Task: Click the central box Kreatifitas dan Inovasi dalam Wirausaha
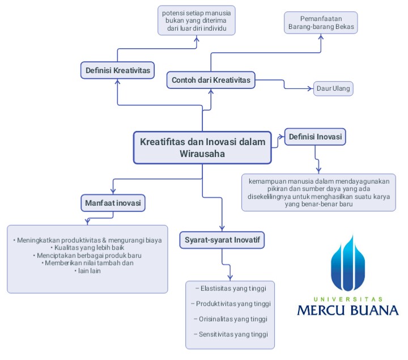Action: click(202, 147)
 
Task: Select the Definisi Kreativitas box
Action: click(117, 70)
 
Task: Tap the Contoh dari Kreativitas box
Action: click(211, 80)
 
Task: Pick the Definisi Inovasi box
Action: click(315, 137)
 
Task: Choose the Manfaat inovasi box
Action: click(113, 203)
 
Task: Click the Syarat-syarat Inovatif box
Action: click(222, 240)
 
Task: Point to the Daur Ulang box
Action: click(333, 88)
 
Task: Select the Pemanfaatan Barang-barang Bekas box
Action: click(321, 23)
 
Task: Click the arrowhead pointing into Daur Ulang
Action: click(311, 88)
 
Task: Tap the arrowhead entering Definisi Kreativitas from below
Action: click(118, 82)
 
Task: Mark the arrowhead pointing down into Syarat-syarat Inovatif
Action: click(222, 228)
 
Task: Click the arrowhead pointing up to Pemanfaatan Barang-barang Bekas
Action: click(321, 37)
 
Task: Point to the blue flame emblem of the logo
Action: click(347, 263)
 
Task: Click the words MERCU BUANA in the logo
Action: click(348, 310)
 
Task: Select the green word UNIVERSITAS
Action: click(348, 299)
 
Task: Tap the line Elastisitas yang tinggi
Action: click(231, 289)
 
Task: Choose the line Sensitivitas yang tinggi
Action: click(231, 334)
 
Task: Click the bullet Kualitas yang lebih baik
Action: click(87, 248)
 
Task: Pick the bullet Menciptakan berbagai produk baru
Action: click(87, 255)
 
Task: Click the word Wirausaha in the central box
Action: click(202, 154)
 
